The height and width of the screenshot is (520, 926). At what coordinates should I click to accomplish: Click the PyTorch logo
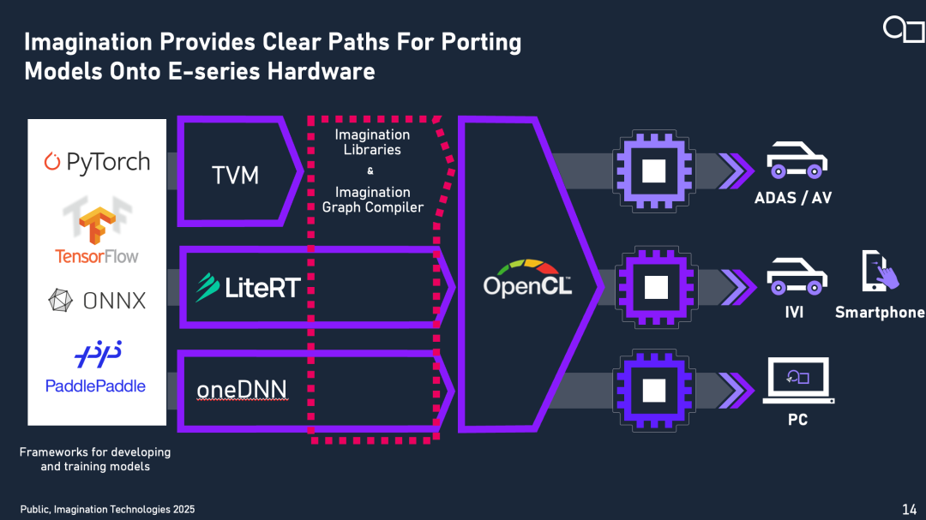[97, 162]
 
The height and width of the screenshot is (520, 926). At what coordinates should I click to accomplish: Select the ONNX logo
[97, 300]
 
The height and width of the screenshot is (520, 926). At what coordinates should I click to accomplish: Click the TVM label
[236, 176]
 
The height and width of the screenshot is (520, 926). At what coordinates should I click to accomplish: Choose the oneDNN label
[241, 390]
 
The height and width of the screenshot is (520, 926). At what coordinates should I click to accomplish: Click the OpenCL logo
[526, 278]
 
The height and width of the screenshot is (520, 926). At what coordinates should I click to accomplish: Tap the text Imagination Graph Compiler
[372, 200]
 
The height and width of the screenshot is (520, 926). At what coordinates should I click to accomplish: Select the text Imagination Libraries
[372, 142]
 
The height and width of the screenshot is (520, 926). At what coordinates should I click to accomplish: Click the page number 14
[909, 510]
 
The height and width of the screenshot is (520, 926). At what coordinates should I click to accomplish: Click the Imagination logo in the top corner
[903, 30]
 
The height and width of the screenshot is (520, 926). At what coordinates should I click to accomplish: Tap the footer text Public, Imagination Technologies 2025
[107, 510]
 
